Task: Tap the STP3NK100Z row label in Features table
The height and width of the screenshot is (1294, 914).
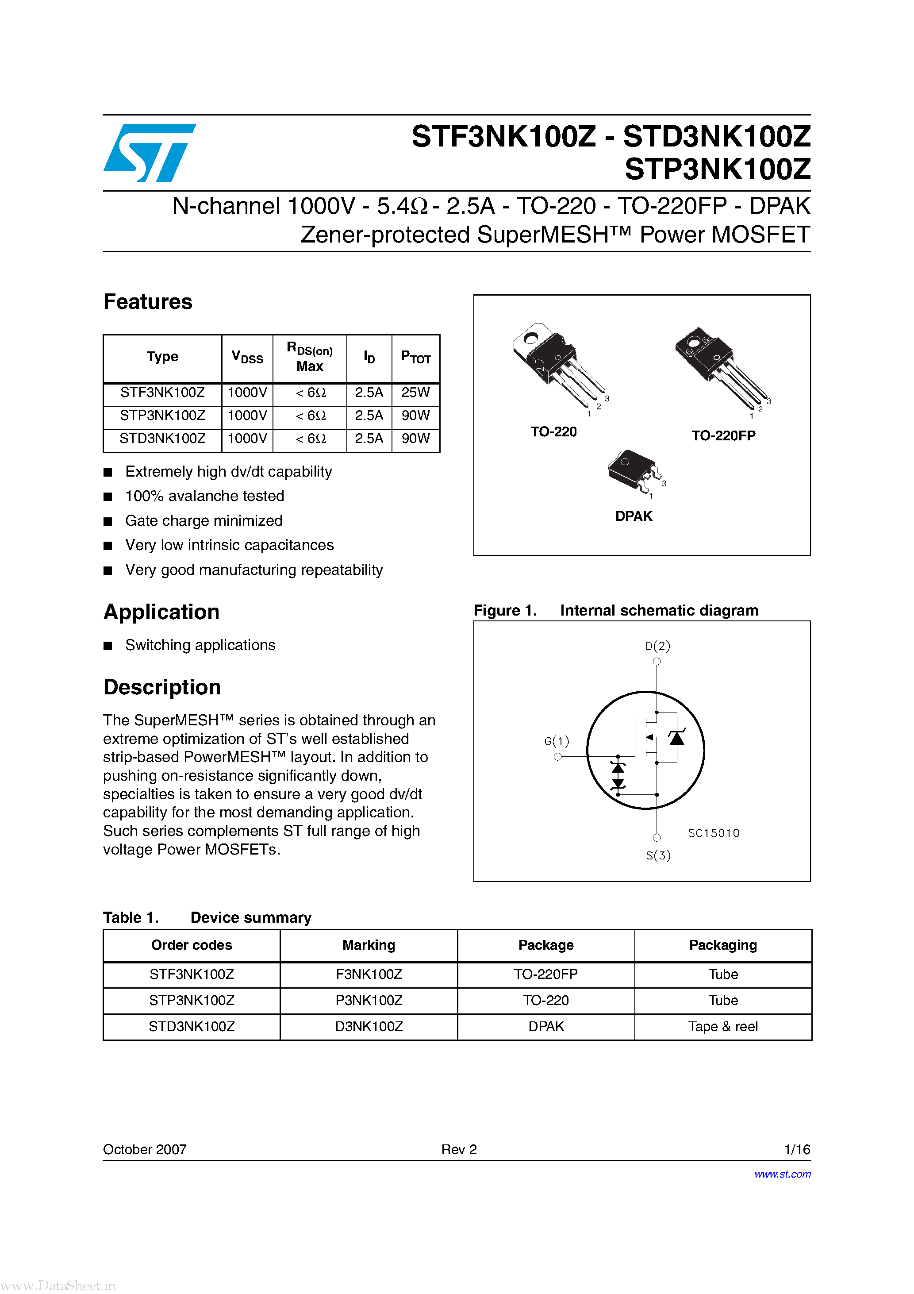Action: (162, 416)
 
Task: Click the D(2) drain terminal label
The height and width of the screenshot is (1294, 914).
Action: (657, 646)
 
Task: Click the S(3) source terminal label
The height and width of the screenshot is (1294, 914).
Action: (657, 855)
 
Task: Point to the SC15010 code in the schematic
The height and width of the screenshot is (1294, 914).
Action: (714, 833)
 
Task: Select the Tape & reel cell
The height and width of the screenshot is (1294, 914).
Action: (722, 1026)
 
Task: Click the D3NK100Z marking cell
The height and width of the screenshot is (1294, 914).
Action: (369, 1026)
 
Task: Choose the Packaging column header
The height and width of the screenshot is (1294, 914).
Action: (722, 945)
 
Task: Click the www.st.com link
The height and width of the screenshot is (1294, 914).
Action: (782, 1174)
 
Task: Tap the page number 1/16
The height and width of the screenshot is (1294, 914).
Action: (797, 1149)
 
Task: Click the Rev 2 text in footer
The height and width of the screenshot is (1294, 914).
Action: (459, 1149)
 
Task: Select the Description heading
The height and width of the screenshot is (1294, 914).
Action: (162, 687)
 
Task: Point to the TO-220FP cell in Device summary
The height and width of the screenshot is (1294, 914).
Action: (545, 974)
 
